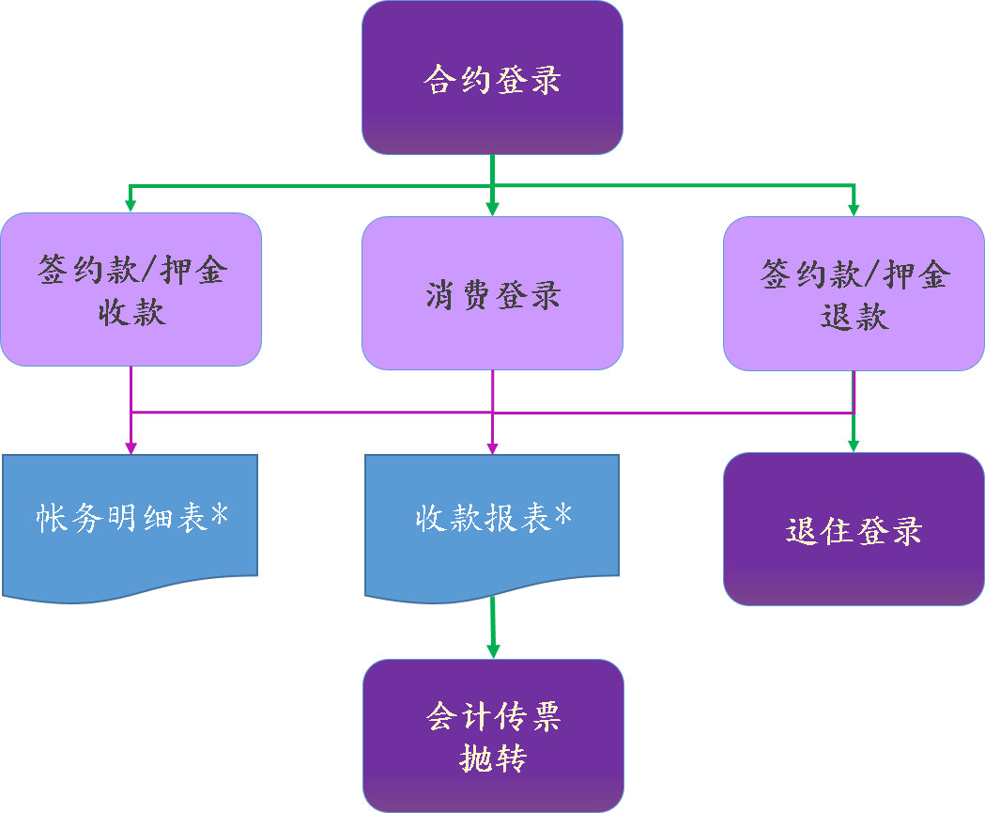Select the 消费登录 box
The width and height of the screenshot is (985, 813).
click(x=492, y=293)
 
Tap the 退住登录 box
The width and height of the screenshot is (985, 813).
click(x=854, y=529)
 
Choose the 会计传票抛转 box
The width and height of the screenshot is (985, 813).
click(x=493, y=736)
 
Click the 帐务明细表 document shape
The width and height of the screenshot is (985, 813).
click(x=130, y=522)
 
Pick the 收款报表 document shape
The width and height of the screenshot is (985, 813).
click(x=492, y=522)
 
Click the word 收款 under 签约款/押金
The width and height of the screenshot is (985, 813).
click(x=131, y=312)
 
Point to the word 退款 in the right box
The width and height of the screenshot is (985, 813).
click(x=854, y=316)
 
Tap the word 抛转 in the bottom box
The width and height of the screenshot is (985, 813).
click(x=493, y=758)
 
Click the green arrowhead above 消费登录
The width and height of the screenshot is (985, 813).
click(x=493, y=210)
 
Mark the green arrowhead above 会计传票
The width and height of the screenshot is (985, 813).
click(x=493, y=650)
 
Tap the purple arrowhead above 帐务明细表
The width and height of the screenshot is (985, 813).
click(x=131, y=447)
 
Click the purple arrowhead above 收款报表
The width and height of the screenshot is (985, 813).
click(x=493, y=447)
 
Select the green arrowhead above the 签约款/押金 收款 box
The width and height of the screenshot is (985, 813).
click(x=131, y=204)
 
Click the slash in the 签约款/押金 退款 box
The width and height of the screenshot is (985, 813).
click(x=869, y=274)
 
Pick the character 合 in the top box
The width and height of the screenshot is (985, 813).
click(x=439, y=79)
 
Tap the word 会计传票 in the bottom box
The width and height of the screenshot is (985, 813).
click(x=493, y=716)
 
